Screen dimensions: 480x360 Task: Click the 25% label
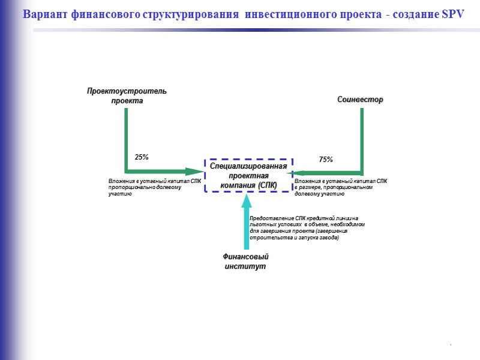142,157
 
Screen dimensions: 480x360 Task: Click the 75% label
326,160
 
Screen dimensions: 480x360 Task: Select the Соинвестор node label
359,100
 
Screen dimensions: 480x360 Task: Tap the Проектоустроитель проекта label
127,95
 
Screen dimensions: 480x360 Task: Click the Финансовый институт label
246,261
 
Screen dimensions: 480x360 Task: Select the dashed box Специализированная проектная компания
248,175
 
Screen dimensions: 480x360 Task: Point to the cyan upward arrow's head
246,200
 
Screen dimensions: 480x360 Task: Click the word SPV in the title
452,14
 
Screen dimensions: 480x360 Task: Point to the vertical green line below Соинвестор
362,138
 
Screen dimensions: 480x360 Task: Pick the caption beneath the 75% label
340,187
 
